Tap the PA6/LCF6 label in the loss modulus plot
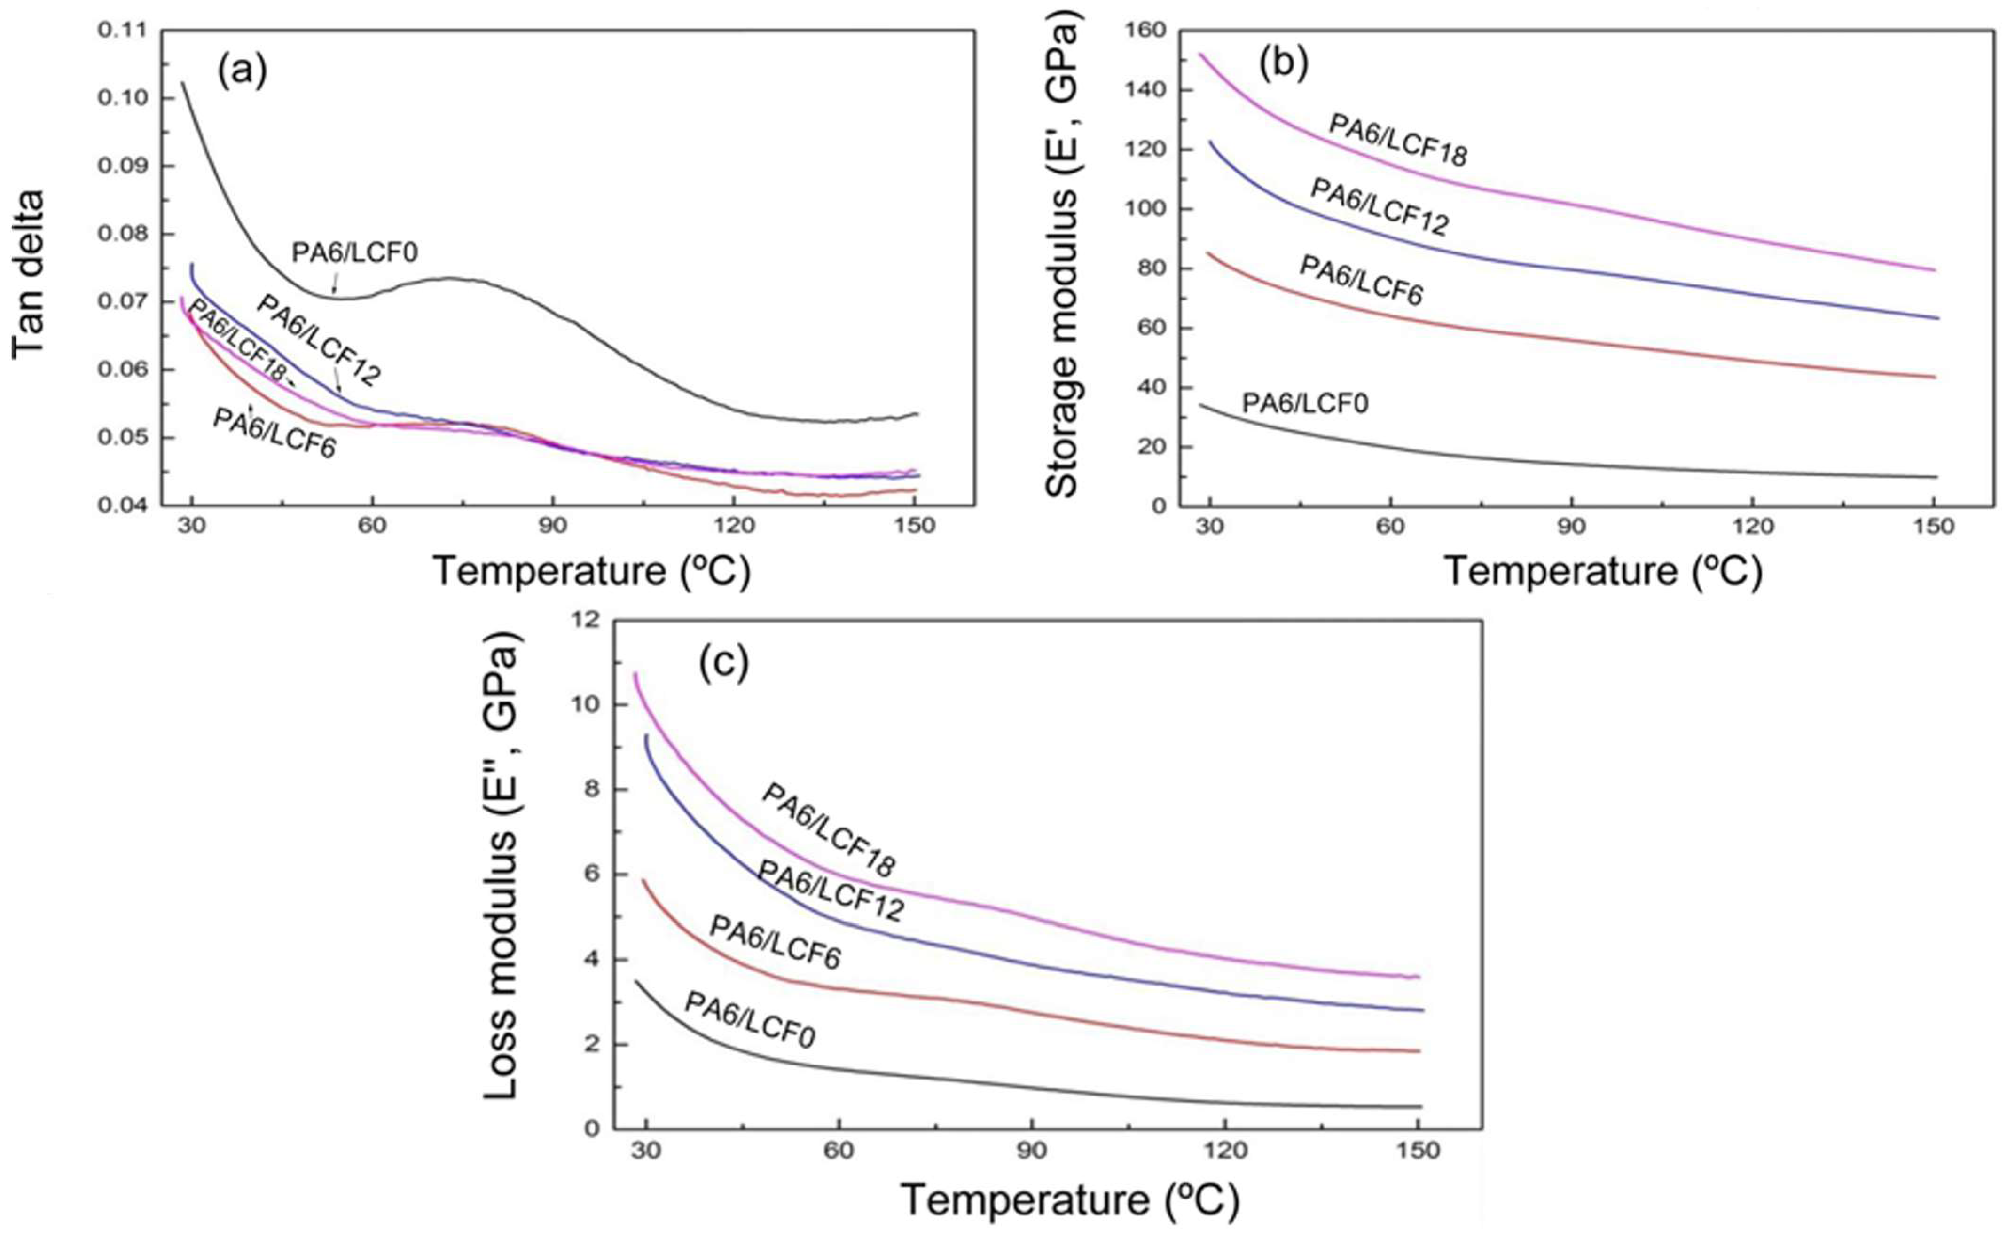774,942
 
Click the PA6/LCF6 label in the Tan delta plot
274,432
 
